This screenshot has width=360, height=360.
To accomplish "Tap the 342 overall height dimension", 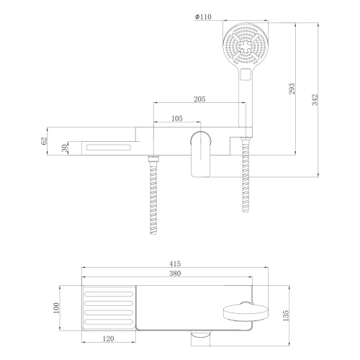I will click(315, 100).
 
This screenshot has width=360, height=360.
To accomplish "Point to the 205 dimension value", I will click(202, 99).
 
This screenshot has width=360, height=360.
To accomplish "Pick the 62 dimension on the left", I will click(45, 142).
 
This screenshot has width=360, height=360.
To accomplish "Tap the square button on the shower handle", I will click(247, 73).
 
